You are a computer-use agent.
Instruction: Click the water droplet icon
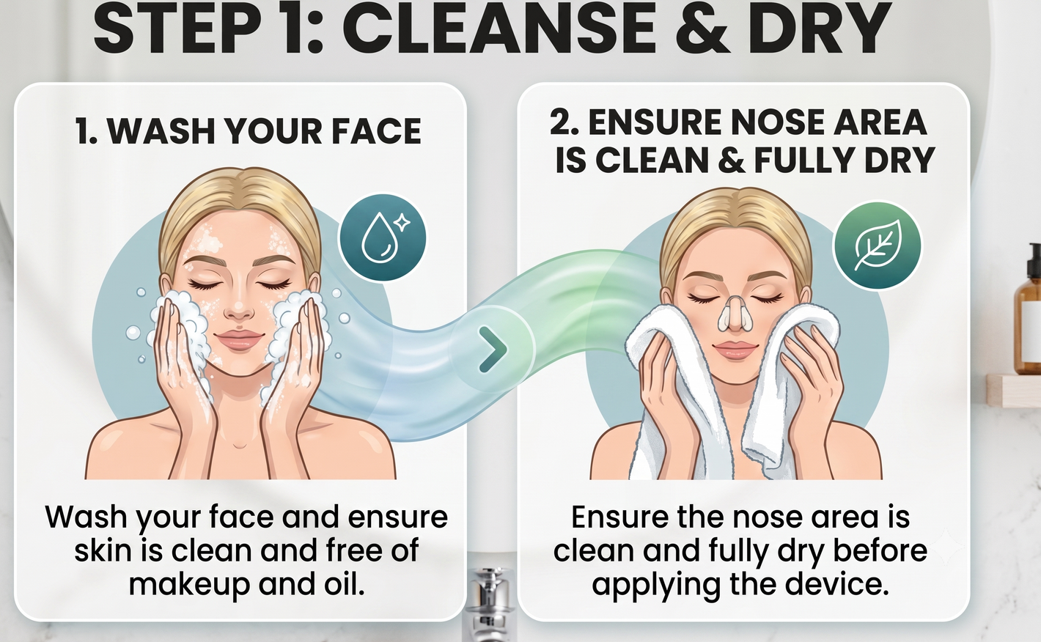click(383, 238)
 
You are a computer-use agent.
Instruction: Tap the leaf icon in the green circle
click(878, 244)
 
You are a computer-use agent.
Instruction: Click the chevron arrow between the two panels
click(493, 349)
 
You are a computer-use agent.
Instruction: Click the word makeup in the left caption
click(189, 584)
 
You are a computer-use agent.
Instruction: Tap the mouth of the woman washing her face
click(238, 339)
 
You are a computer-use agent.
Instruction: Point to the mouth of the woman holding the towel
click(735, 350)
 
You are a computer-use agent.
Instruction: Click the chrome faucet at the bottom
click(488, 604)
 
